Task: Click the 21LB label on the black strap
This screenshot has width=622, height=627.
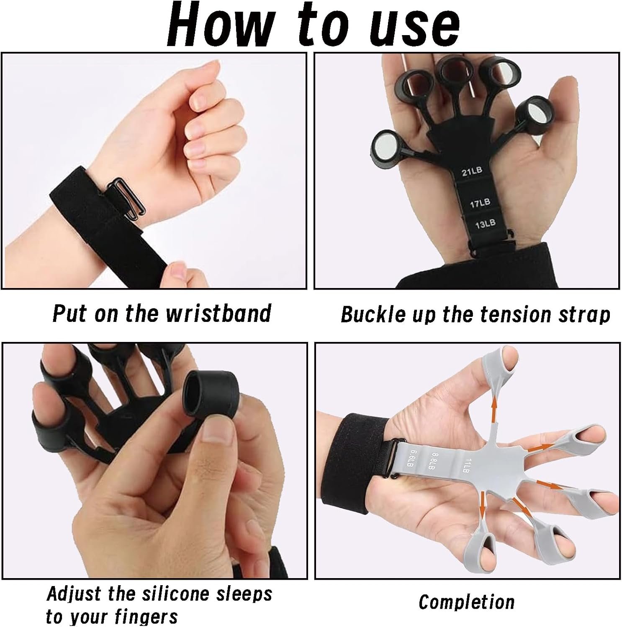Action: pyautogui.click(x=472, y=171)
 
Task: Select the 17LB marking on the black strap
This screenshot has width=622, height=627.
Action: pyautogui.click(x=480, y=204)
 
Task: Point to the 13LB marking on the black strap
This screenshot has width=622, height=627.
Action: pyautogui.click(x=485, y=224)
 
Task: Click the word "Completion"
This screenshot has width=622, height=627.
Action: pyautogui.click(x=466, y=602)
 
